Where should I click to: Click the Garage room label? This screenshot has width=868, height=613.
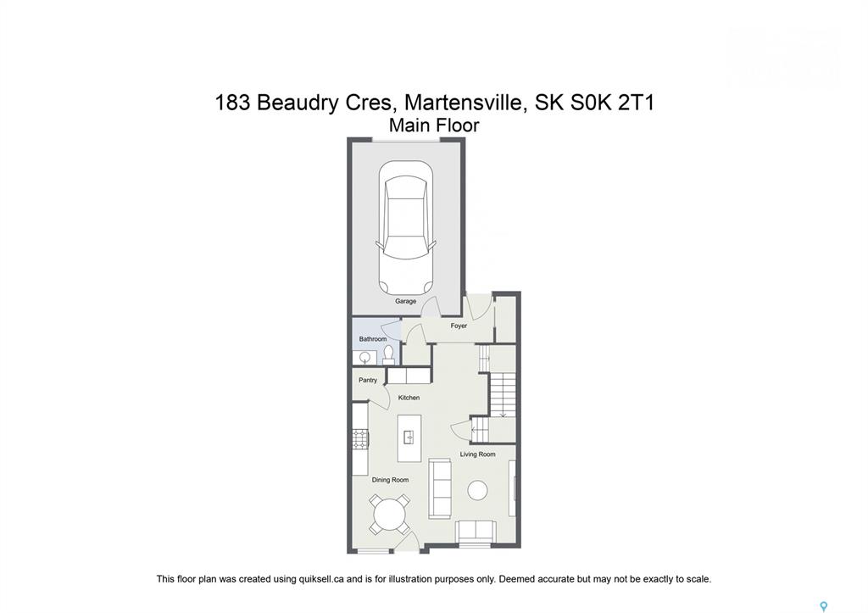pos(405,301)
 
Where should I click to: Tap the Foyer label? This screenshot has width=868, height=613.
pos(459,326)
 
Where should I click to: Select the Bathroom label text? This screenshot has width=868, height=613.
pos(373,339)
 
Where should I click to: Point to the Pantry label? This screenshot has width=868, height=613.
pos(368,380)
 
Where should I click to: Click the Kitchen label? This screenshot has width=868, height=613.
pos(409,398)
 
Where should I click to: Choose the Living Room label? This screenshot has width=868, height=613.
pos(477,454)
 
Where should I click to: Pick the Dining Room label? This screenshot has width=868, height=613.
pos(390,480)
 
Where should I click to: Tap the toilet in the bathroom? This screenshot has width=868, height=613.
pos(388,355)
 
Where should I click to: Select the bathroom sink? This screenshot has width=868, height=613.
pos(364,358)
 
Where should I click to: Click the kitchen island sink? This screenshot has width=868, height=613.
pos(409,437)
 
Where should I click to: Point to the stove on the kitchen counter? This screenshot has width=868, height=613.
pos(360,438)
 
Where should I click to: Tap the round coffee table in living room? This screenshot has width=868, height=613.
pos(477,490)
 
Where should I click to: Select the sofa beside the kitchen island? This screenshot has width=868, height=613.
pos(440,488)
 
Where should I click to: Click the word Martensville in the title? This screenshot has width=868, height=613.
pos(465,103)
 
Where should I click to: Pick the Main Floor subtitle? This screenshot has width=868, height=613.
pos(434,125)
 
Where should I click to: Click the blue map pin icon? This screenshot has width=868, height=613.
pos(824,606)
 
